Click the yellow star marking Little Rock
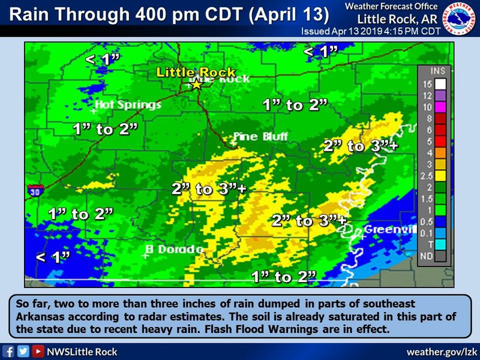point(196,85)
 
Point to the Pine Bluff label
point(260,137)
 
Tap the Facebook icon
point(8,352)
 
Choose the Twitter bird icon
point(23,352)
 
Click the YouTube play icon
point(38,352)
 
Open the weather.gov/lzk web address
point(442,352)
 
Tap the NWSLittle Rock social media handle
point(82,352)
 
